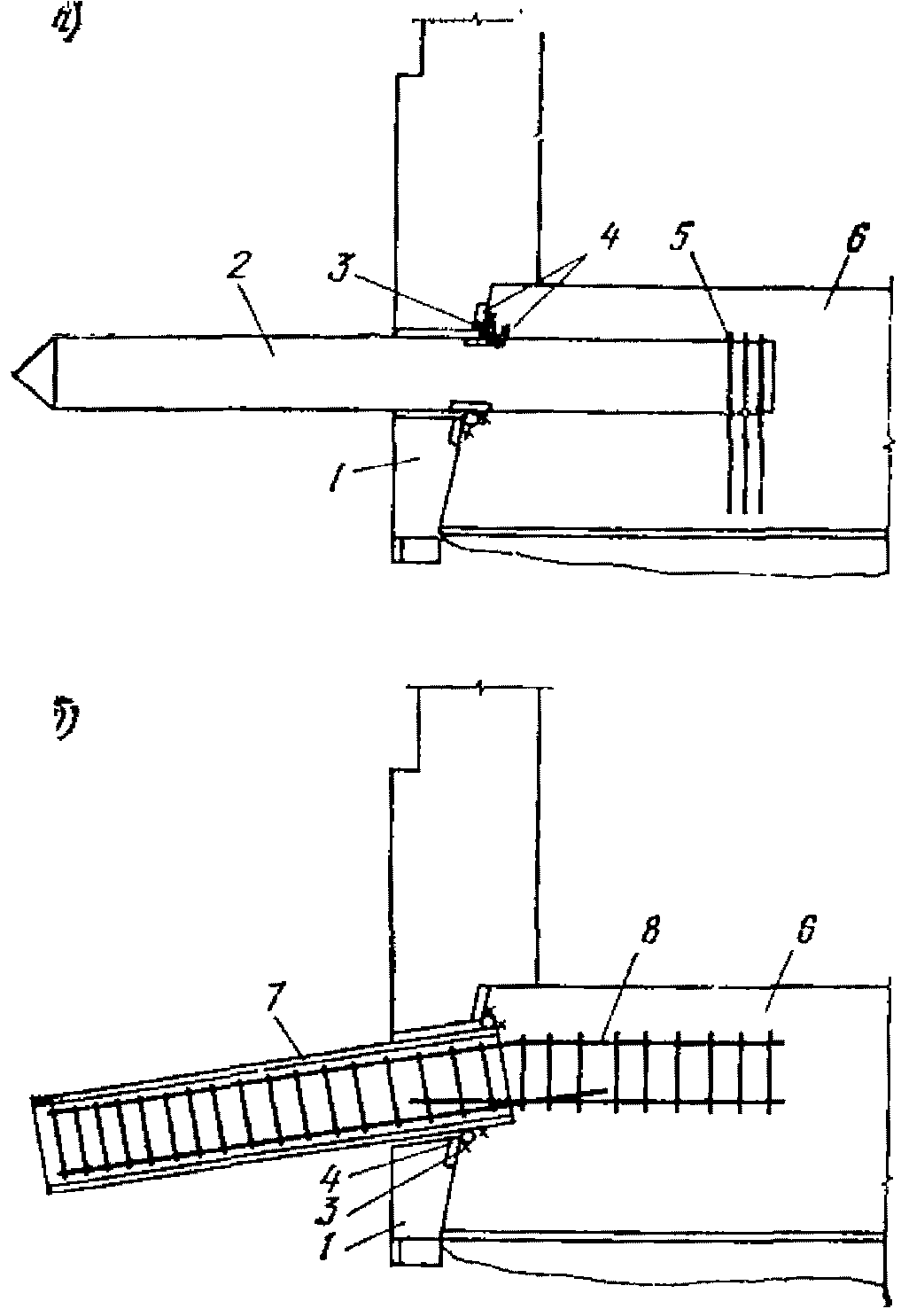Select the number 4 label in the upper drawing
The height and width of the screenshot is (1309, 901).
click(x=610, y=238)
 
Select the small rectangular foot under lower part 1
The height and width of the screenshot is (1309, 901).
click(x=416, y=1251)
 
